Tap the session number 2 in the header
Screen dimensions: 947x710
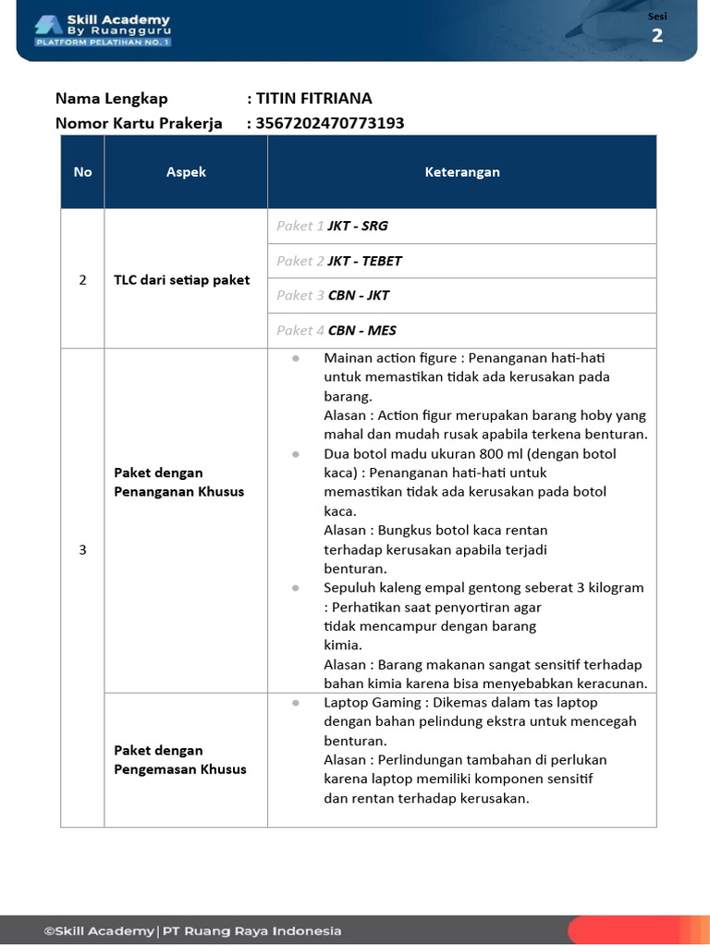657,35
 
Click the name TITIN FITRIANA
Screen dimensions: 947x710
313,99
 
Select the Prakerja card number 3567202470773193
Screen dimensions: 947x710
330,123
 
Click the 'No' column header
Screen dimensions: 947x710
83,172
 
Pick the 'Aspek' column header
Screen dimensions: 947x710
186,172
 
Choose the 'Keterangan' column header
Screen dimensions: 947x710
462,172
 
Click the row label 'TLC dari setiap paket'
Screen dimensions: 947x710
181,279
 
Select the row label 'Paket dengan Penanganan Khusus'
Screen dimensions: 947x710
178,482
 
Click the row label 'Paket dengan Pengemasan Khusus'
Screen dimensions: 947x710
179,759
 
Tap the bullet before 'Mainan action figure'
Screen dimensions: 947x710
295,358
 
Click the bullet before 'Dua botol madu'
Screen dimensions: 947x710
295,454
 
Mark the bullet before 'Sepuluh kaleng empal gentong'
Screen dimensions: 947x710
295,587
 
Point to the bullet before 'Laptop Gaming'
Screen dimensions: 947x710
295,703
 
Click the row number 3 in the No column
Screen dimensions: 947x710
82,549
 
